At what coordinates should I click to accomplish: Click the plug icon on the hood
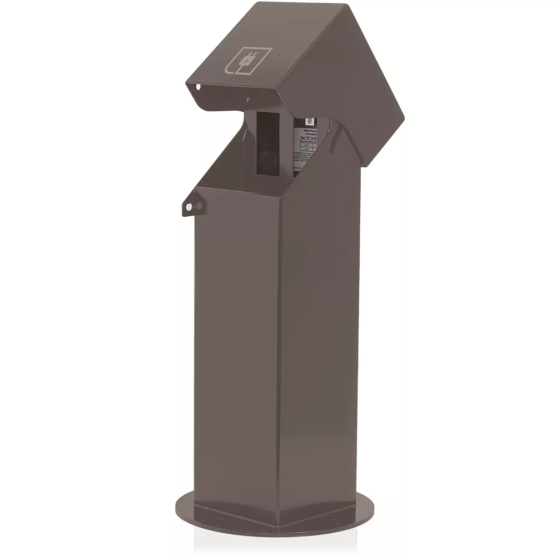point(249,61)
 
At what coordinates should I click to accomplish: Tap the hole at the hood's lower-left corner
point(197,87)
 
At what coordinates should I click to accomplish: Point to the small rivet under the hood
point(247,101)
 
